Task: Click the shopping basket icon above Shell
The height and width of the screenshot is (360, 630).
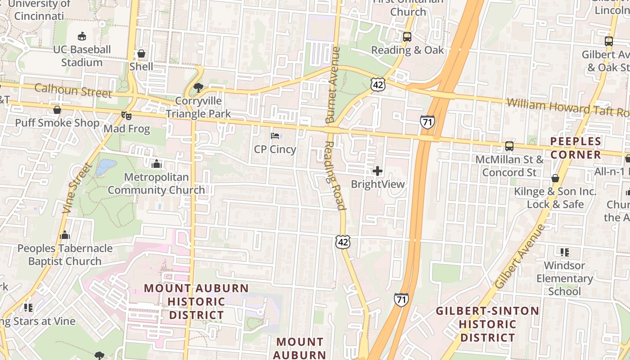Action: [141, 54]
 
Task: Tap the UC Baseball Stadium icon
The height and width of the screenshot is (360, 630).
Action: [82, 36]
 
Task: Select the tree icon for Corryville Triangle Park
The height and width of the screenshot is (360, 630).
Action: [198, 88]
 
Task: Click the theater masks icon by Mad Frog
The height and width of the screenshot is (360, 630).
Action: [126, 116]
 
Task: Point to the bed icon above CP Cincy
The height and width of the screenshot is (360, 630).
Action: [275, 135]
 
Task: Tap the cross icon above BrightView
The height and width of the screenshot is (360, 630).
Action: [378, 171]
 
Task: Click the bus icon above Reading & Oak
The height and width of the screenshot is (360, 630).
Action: [407, 37]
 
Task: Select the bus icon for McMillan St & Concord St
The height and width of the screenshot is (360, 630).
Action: [509, 146]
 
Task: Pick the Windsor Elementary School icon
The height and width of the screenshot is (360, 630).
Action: [564, 252]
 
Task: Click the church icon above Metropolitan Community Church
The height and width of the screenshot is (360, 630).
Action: [156, 164]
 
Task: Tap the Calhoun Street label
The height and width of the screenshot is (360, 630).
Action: [73, 90]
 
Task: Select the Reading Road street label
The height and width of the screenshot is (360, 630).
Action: [334, 175]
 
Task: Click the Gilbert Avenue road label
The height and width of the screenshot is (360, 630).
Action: [520, 256]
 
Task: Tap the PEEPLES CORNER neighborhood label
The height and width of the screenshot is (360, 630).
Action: [576, 148]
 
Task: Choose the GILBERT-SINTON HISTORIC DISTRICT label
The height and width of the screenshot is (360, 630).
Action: [488, 324]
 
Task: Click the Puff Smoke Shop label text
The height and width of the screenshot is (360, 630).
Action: [57, 123]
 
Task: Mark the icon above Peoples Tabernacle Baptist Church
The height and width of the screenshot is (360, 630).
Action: [65, 235]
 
